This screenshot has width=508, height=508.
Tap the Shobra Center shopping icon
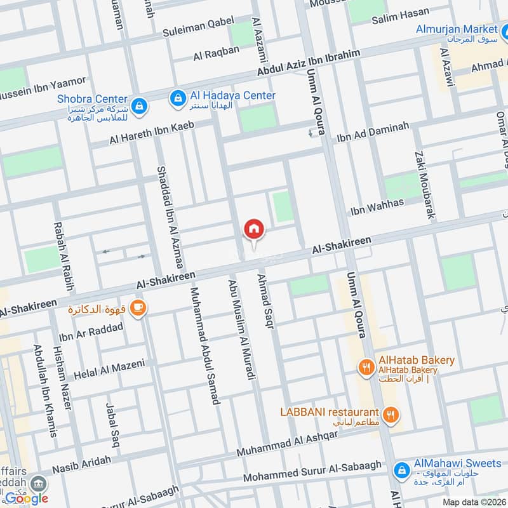[x=138, y=104]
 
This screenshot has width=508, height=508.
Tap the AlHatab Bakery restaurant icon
[x=365, y=366]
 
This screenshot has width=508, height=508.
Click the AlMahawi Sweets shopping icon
[x=401, y=469]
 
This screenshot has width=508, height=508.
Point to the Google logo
[x=27, y=498]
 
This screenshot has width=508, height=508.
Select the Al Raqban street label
[x=217, y=54]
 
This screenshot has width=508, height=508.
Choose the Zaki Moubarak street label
[x=425, y=185]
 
